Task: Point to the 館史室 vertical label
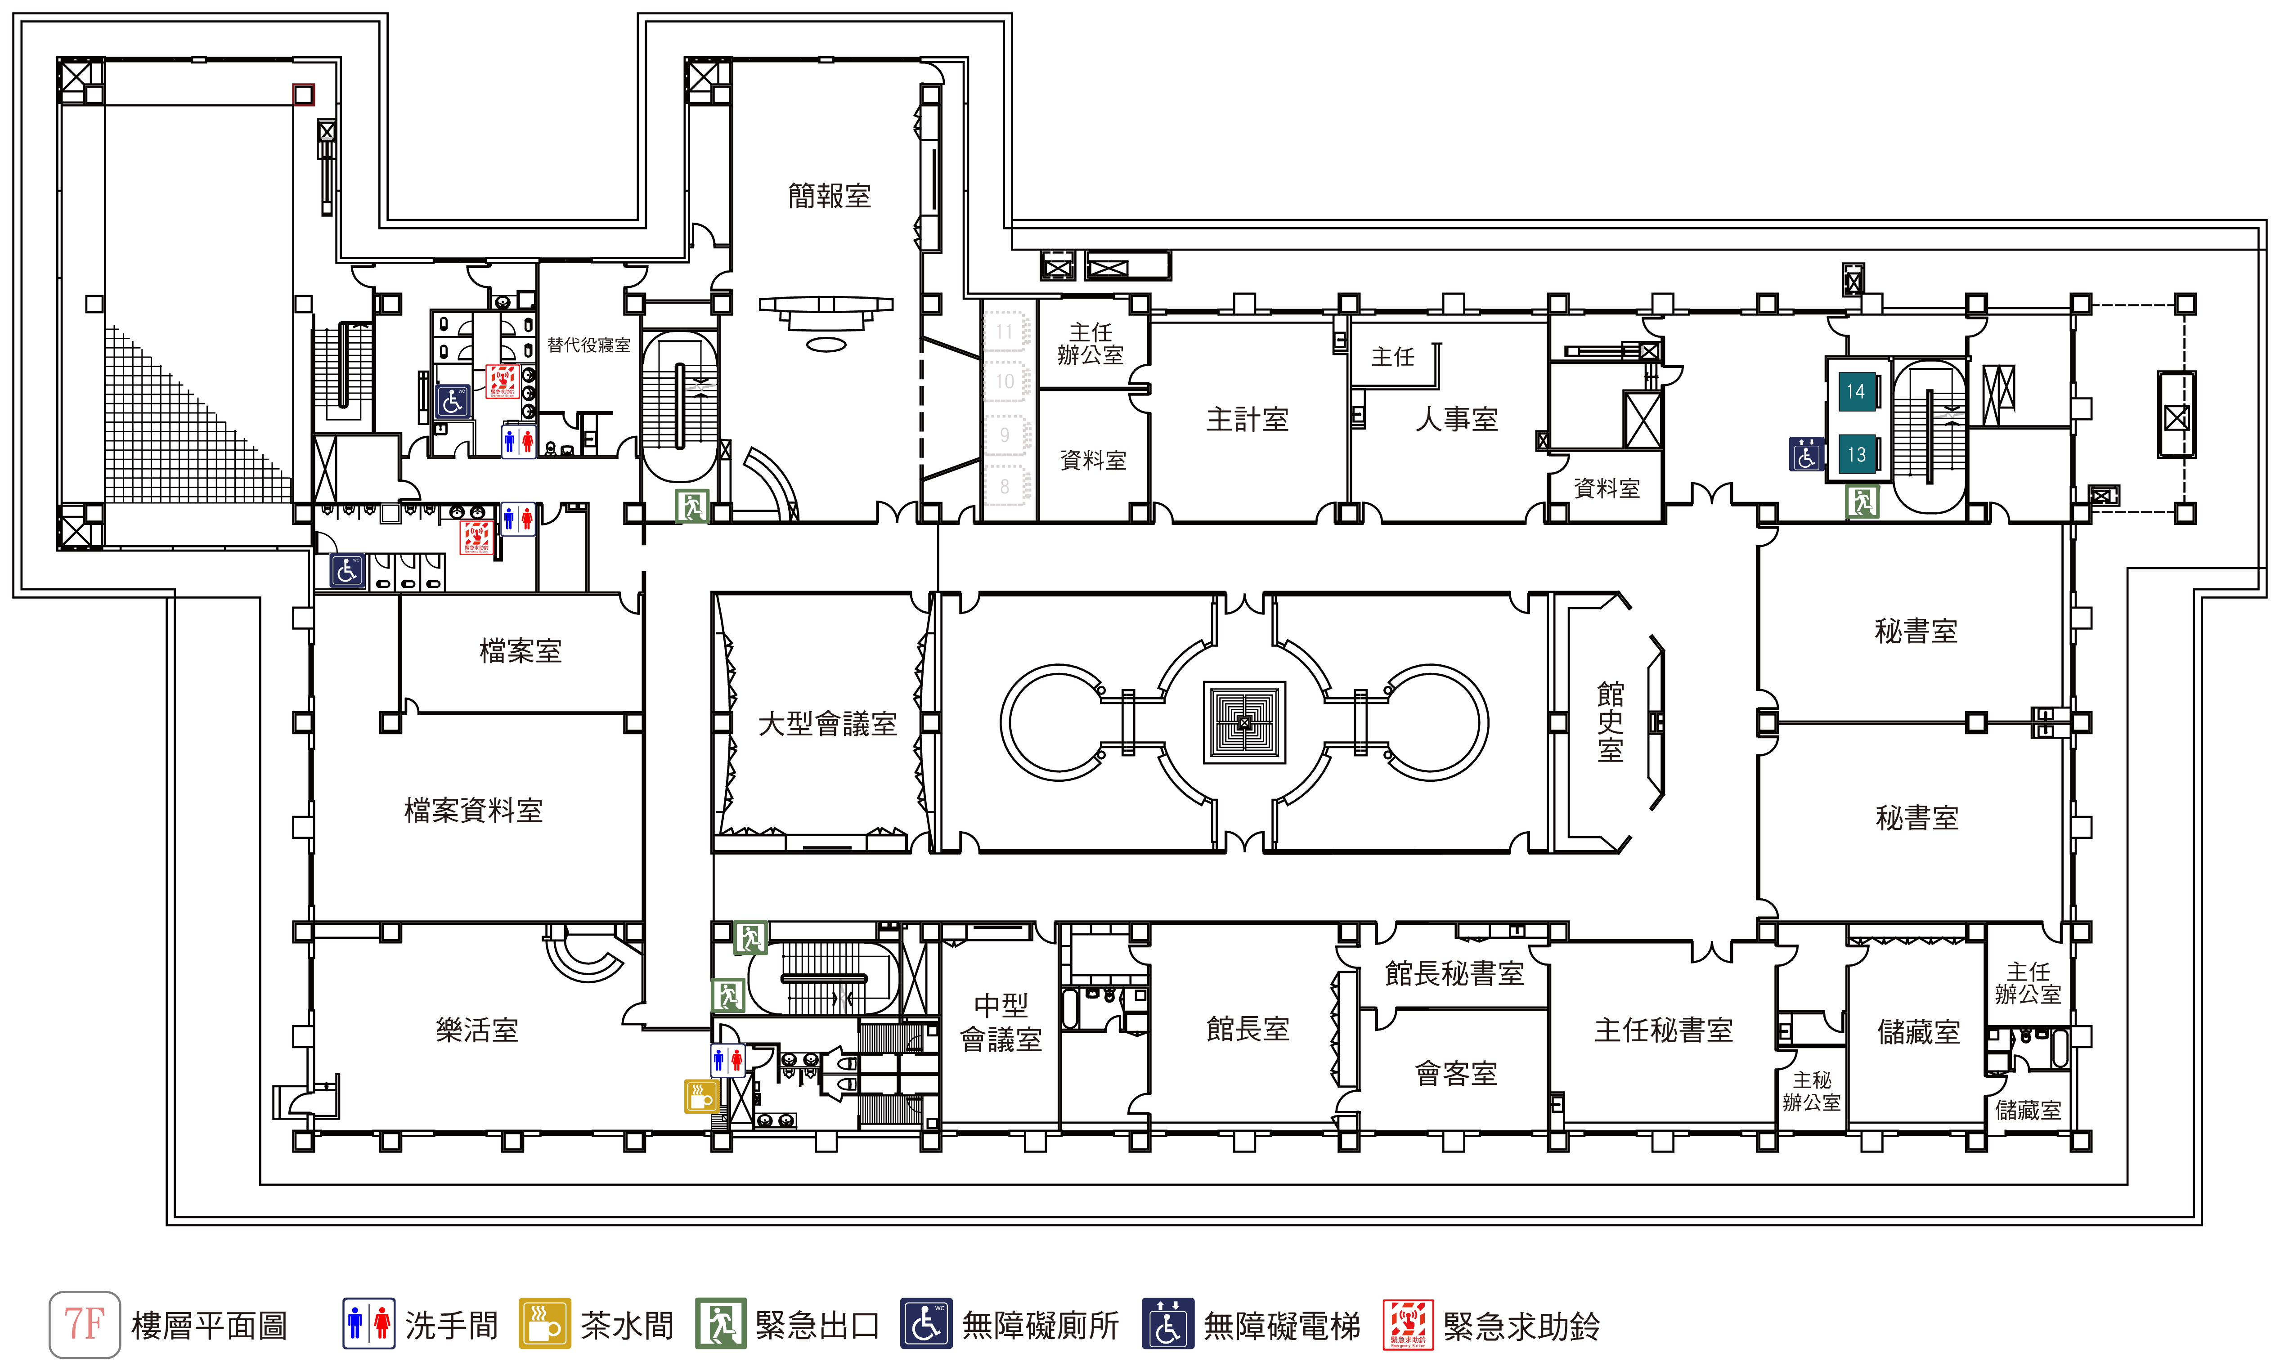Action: click(x=1610, y=722)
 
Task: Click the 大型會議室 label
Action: click(x=827, y=724)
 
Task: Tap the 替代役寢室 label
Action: click(x=588, y=345)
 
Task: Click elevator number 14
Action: click(x=1855, y=392)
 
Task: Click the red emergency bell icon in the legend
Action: click(x=1407, y=1324)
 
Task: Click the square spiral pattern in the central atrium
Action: click(x=1244, y=722)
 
